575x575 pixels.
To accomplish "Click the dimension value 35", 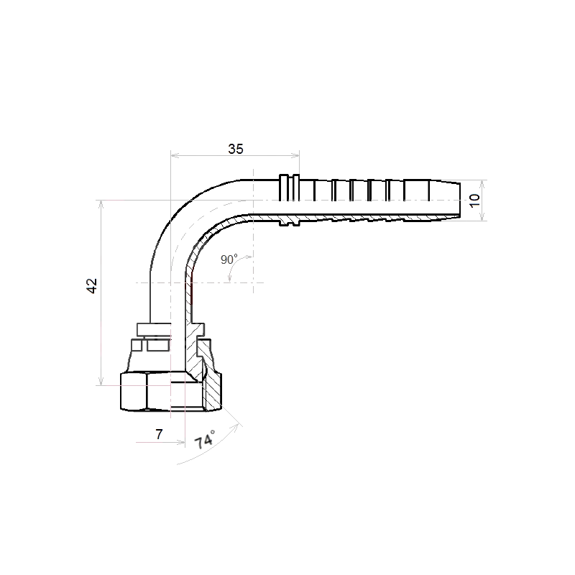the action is point(236,149).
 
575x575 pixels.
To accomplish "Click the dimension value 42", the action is point(92,286).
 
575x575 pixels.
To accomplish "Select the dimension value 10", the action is point(474,201).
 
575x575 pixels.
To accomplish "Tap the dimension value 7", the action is point(159,434).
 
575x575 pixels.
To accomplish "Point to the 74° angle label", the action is point(205,440).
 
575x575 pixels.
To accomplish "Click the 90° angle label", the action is point(229,259).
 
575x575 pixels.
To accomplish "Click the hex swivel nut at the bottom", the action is point(171,391).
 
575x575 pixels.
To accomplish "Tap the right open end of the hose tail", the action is point(459,201).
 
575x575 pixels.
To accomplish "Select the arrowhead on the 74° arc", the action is point(239,426).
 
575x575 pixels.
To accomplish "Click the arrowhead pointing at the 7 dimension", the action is point(181,443).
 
